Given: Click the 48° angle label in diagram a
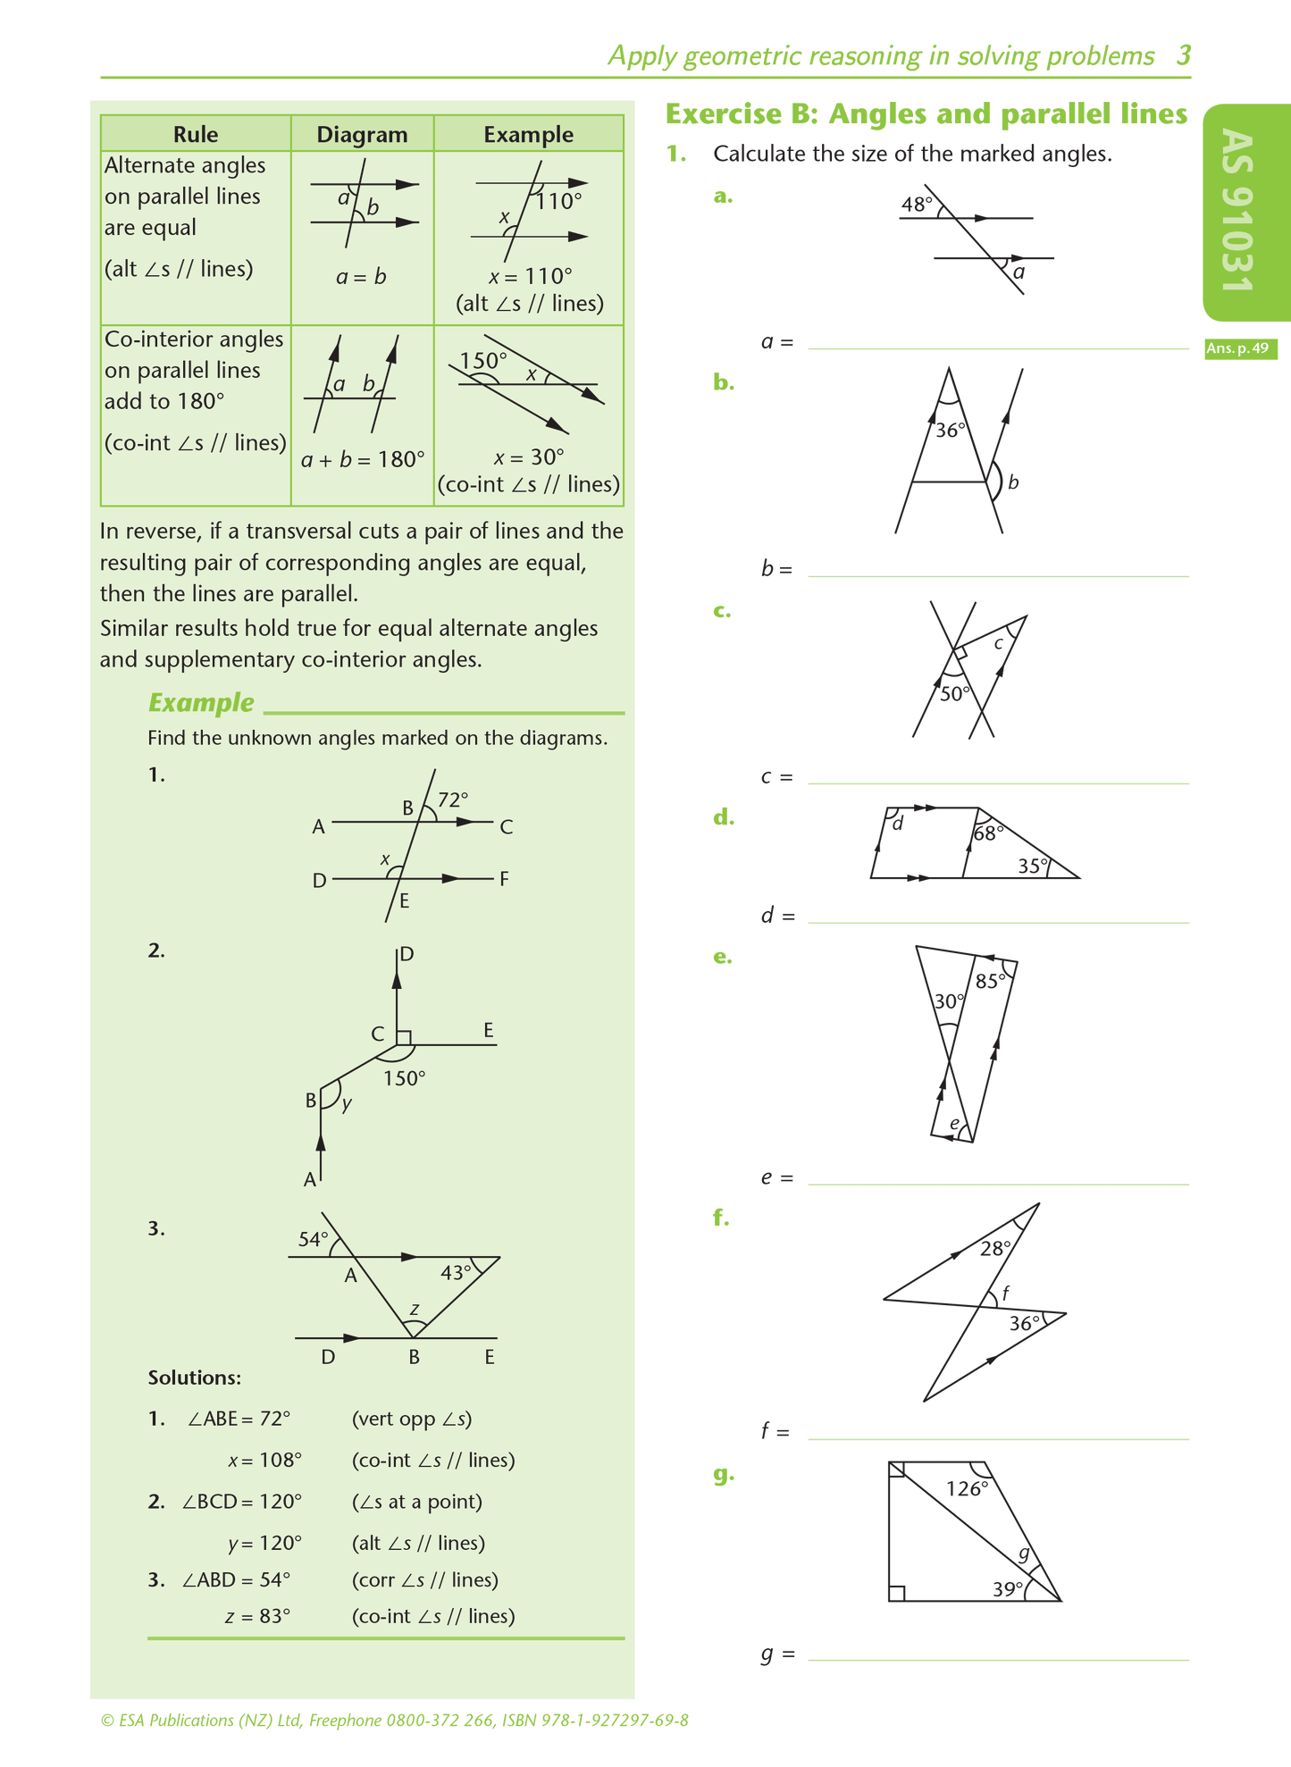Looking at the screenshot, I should point(916,205).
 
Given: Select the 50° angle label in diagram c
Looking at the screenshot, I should point(954,694).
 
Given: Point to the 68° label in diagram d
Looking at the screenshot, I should point(988,833).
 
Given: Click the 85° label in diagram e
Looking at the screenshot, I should point(991,981).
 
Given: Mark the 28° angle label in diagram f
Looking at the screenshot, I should point(995,1249).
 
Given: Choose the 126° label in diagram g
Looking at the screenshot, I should point(968,1488).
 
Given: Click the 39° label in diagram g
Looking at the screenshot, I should point(1008,1589).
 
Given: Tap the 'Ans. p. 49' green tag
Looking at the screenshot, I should point(1239,348).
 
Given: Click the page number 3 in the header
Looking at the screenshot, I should point(1183,56).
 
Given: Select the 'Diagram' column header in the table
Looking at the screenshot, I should point(362,134).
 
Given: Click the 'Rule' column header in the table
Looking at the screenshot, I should point(196,134).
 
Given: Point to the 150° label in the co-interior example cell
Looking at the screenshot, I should point(482,361).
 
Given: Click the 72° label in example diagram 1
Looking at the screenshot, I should point(453,800).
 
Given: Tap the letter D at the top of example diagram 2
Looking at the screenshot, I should point(407,954).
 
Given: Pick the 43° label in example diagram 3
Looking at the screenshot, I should point(456,1272).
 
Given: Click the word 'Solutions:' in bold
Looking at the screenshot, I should point(194,1378).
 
